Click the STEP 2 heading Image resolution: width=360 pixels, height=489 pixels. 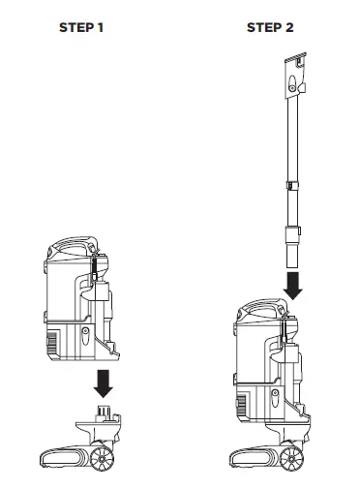(x=270, y=27)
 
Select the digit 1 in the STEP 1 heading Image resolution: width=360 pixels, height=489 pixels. (x=101, y=27)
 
